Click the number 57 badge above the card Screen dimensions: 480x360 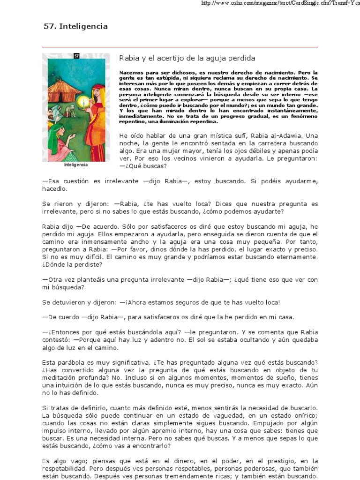pos(77,56)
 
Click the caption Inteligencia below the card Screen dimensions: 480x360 pos(76,165)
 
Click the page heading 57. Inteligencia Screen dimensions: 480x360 pos(75,26)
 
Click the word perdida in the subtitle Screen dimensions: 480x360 pos(241,58)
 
